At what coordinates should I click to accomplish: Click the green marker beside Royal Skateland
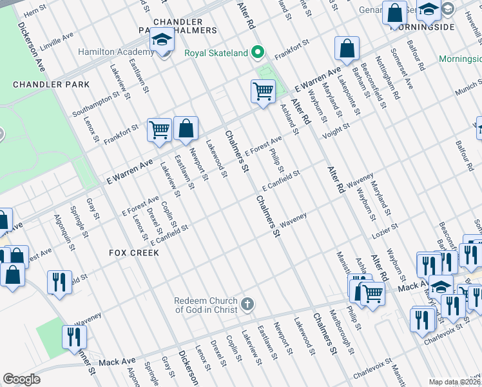click(258, 53)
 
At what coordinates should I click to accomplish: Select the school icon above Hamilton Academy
click(161, 41)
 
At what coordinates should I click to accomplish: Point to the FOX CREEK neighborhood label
click(133, 252)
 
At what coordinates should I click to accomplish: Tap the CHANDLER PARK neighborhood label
click(51, 84)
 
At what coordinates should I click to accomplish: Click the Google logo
click(21, 379)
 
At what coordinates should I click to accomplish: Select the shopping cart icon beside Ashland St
click(263, 92)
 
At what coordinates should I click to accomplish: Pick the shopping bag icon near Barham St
click(347, 48)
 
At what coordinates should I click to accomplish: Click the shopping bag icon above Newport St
click(186, 128)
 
